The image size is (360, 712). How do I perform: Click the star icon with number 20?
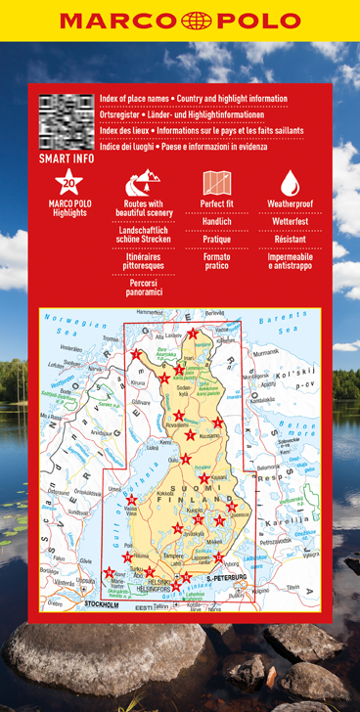(x=68, y=182)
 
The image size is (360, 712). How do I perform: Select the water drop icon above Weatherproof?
(x=290, y=182)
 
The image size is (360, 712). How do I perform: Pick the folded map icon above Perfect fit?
(x=216, y=182)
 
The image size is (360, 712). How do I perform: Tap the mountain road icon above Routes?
(x=143, y=182)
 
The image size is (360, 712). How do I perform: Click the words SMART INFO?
(x=65, y=156)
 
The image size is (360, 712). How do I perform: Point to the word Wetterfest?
(x=290, y=222)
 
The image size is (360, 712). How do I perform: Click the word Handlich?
(x=216, y=222)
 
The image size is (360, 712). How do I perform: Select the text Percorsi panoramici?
(x=143, y=287)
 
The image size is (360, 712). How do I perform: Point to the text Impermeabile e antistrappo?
(x=290, y=262)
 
